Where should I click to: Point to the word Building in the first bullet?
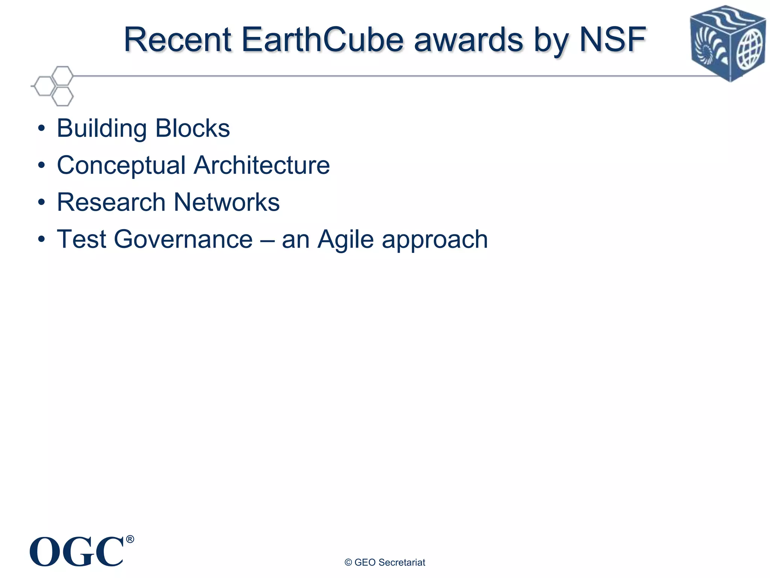(x=102, y=129)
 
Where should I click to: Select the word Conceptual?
(x=121, y=166)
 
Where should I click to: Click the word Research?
(x=111, y=202)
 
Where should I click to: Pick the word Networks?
(x=227, y=202)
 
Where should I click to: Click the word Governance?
(x=183, y=239)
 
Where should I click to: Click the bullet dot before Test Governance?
(x=41, y=239)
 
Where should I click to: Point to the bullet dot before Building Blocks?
(x=41, y=129)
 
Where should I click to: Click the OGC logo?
(x=77, y=552)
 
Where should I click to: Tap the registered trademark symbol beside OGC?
(x=130, y=539)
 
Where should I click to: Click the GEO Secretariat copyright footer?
(x=385, y=562)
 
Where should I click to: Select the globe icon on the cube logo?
(x=750, y=50)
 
